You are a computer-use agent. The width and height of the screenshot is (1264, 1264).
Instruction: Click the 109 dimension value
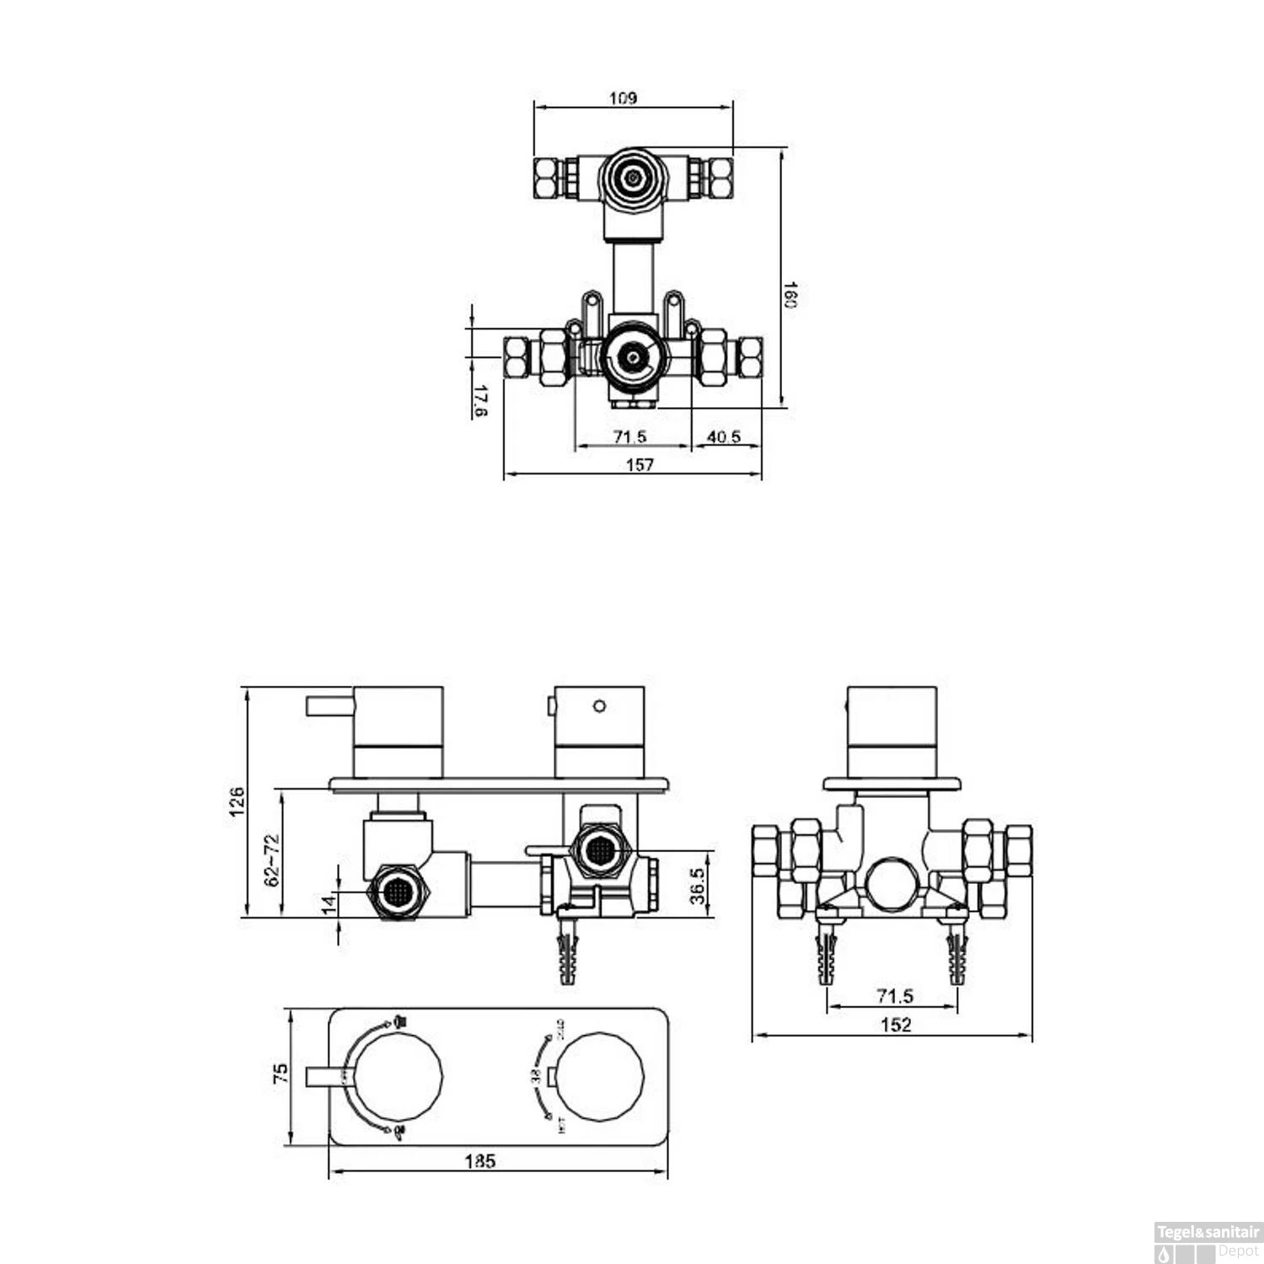[623, 99]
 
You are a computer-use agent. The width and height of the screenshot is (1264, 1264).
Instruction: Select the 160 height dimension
[790, 295]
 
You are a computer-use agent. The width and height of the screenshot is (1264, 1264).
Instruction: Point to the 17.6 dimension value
[480, 401]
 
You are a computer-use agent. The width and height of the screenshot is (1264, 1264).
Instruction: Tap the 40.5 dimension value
[724, 437]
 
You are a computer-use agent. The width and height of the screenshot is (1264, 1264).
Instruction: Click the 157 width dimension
[640, 464]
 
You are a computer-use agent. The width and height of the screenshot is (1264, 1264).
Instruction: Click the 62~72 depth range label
[271, 860]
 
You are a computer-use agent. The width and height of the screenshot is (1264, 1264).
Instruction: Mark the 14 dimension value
[329, 903]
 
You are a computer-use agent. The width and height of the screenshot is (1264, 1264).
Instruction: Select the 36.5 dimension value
[698, 885]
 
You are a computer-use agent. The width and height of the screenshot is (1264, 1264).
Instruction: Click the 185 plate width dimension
[480, 1161]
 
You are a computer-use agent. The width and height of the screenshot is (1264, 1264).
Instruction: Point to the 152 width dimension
[895, 1025]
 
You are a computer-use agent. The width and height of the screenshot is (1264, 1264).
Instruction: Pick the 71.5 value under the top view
[629, 437]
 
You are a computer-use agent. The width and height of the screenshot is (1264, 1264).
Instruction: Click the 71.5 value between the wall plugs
[895, 996]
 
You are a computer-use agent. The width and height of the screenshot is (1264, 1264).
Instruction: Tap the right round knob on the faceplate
[602, 1077]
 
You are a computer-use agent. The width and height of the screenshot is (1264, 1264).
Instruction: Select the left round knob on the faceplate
[400, 1077]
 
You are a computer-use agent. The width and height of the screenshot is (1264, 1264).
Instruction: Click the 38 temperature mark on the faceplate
[535, 1076]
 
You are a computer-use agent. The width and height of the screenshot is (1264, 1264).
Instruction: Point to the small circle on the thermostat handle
[599, 706]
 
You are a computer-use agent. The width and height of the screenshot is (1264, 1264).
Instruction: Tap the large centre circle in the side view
[890, 884]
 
